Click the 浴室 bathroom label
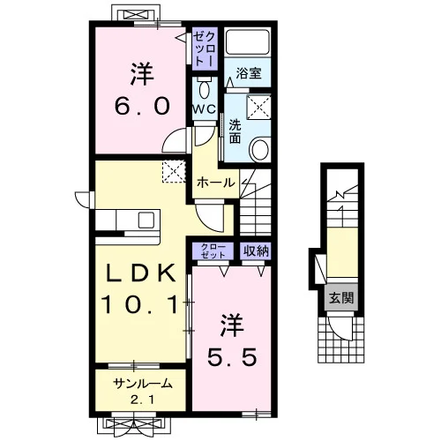[249, 73]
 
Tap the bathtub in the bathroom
[248, 41]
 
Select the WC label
[205, 109]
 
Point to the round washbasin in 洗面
[259, 149]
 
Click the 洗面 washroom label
[235, 131]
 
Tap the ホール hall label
[216, 183]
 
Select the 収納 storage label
[256, 251]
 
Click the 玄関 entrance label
[341, 298]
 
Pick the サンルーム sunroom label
[143, 384]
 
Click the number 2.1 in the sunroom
[142, 400]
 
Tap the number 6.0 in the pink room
[142, 106]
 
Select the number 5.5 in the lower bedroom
[232, 357]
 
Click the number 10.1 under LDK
[140, 304]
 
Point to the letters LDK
[141, 273]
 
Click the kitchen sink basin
[146, 220]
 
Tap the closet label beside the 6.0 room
[205, 49]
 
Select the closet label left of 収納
[213, 251]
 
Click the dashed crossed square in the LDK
[174, 171]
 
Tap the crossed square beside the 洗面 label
[258, 108]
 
